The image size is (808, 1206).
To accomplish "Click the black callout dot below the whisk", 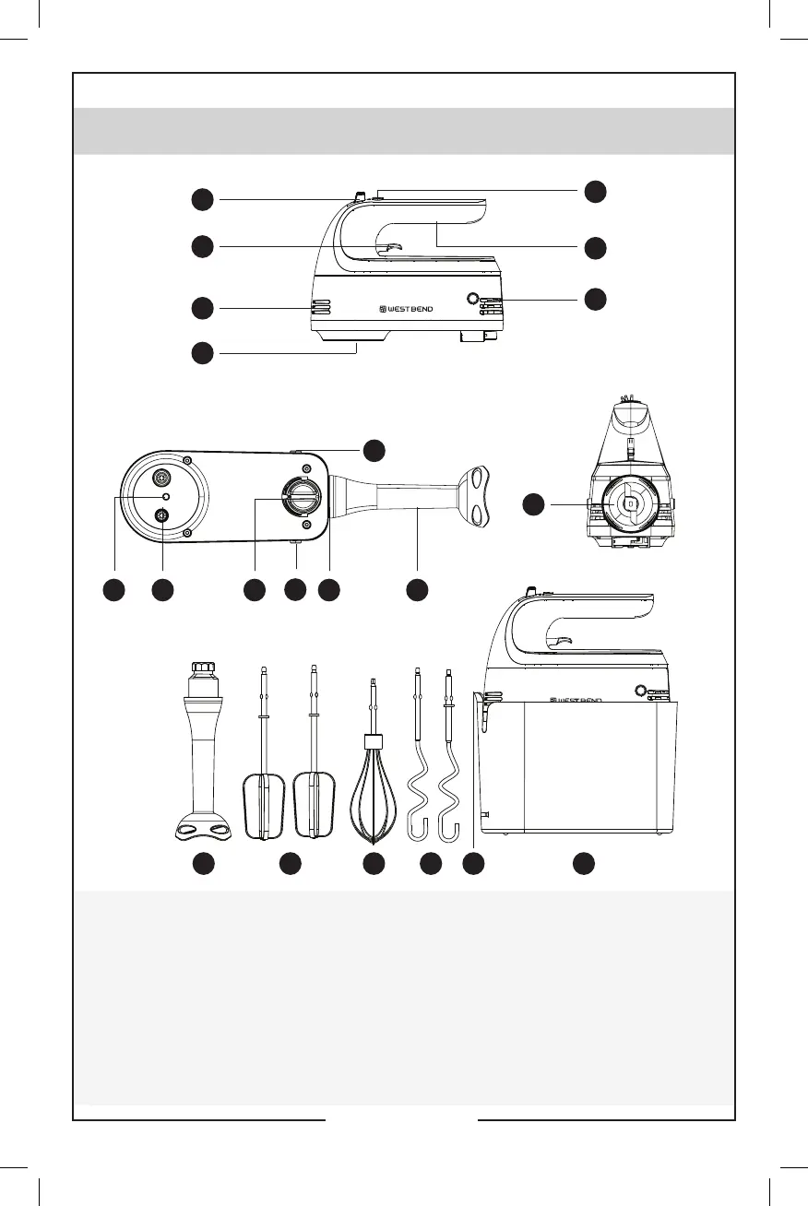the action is click(374, 864).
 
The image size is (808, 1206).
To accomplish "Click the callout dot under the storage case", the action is click(582, 864).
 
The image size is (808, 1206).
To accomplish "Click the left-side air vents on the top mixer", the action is click(318, 308).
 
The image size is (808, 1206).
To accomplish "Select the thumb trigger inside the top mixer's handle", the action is click(388, 246).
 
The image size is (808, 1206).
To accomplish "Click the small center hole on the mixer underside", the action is click(165, 496).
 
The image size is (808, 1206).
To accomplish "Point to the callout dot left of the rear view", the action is click(535, 504).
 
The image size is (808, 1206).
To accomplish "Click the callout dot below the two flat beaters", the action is click(291, 864).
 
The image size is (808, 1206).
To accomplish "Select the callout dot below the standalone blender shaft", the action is click(203, 864).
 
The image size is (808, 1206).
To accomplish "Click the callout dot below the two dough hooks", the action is click(430, 864).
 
